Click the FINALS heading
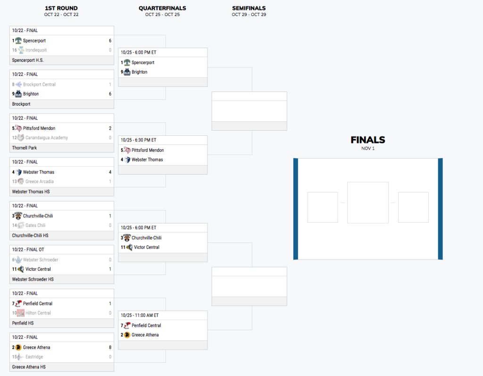click(367, 140)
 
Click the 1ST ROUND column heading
click(61, 8)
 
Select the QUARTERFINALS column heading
click(162, 8)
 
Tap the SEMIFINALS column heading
click(249, 8)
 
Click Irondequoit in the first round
click(36, 50)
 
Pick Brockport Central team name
click(39, 84)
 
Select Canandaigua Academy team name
click(47, 138)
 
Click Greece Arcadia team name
click(39, 182)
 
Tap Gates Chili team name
click(35, 226)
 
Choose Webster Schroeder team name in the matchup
click(41, 260)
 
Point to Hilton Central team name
click(38, 313)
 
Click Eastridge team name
click(35, 357)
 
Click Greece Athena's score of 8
click(110, 348)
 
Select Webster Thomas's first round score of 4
click(110, 172)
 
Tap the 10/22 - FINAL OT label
click(28, 250)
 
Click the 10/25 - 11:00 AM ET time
click(140, 315)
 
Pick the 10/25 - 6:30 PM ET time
click(139, 140)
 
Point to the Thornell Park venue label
click(25, 148)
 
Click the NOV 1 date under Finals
click(367, 149)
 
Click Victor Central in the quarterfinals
click(146, 247)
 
